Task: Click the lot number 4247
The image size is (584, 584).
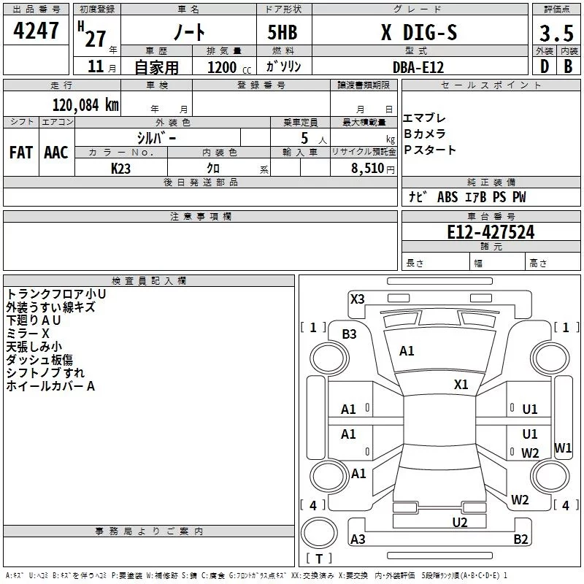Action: [x=36, y=31]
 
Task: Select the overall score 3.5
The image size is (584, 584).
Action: [x=556, y=33]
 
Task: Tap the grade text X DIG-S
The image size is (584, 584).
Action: [x=419, y=32]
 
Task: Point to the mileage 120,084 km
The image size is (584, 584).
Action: [x=85, y=105]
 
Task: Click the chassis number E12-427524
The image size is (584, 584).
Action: [x=491, y=232]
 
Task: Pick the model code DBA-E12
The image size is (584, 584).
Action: [x=418, y=67]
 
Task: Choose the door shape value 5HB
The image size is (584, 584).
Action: [x=283, y=32]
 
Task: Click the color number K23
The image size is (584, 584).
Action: [x=120, y=169]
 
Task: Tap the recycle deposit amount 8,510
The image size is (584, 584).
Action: [x=367, y=169]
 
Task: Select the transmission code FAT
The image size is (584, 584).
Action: [x=21, y=153]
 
